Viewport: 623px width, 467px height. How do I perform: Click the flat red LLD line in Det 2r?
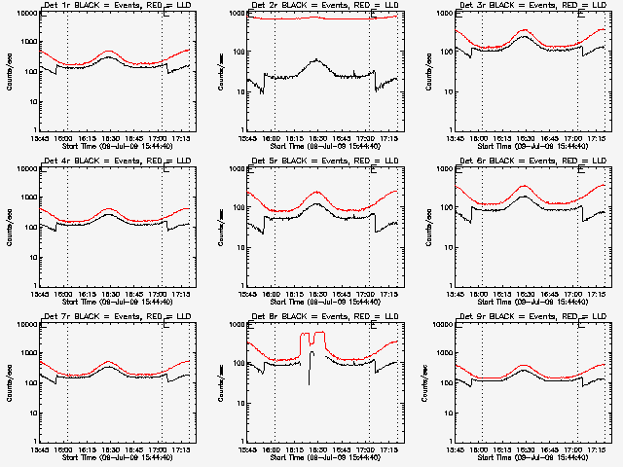coord(292,18)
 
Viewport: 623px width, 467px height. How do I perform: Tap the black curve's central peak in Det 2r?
coord(317,60)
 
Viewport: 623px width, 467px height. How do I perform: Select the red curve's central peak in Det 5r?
coord(317,193)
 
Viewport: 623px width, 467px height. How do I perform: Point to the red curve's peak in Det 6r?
coord(526,185)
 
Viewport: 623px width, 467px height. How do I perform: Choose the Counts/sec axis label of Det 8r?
coord(218,381)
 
